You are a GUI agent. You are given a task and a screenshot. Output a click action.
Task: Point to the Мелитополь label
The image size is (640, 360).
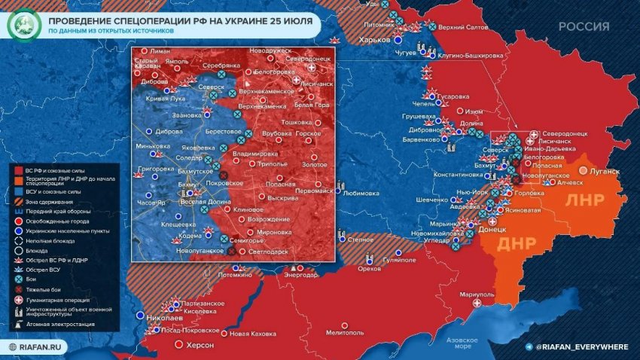pos(346,332)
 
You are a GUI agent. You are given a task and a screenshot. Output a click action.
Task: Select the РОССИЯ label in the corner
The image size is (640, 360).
pos(584,26)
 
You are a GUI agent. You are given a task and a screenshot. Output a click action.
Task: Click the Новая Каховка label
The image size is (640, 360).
pos(253,334)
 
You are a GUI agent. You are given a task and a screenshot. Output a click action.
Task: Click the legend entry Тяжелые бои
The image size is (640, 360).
pos(46,289)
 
